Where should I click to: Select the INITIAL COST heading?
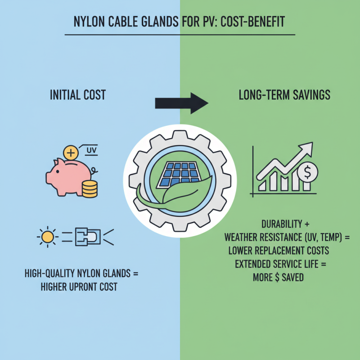coord(78,95)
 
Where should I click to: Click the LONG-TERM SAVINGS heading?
coord(284,95)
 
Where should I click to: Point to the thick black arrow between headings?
coord(182,103)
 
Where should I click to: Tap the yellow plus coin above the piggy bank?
coord(71,153)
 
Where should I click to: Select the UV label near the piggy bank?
coord(91,151)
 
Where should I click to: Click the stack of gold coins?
coord(90,189)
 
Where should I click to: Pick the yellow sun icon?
coord(48,237)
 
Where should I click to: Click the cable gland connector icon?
coord(88,237)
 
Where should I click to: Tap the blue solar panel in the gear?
coord(179,174)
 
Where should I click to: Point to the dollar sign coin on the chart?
coord(307,172)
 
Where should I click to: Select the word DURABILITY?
coord(282,224)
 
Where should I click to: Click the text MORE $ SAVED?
coord(278,277)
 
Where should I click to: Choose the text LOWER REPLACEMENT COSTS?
coord(279,251)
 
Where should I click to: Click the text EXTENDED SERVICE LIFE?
coord(277,264)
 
